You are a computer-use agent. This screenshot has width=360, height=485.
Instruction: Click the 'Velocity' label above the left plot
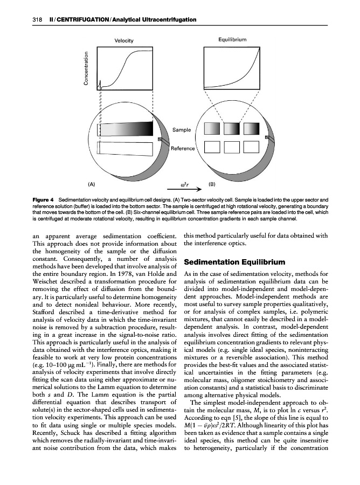point(124,41)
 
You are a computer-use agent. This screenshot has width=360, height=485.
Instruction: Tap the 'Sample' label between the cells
point(182,130)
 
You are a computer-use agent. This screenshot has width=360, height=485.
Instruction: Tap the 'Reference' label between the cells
point(183,148)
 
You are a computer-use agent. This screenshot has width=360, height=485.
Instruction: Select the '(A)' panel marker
point(92,183)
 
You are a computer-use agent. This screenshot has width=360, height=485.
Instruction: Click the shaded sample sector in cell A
point(128,129)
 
